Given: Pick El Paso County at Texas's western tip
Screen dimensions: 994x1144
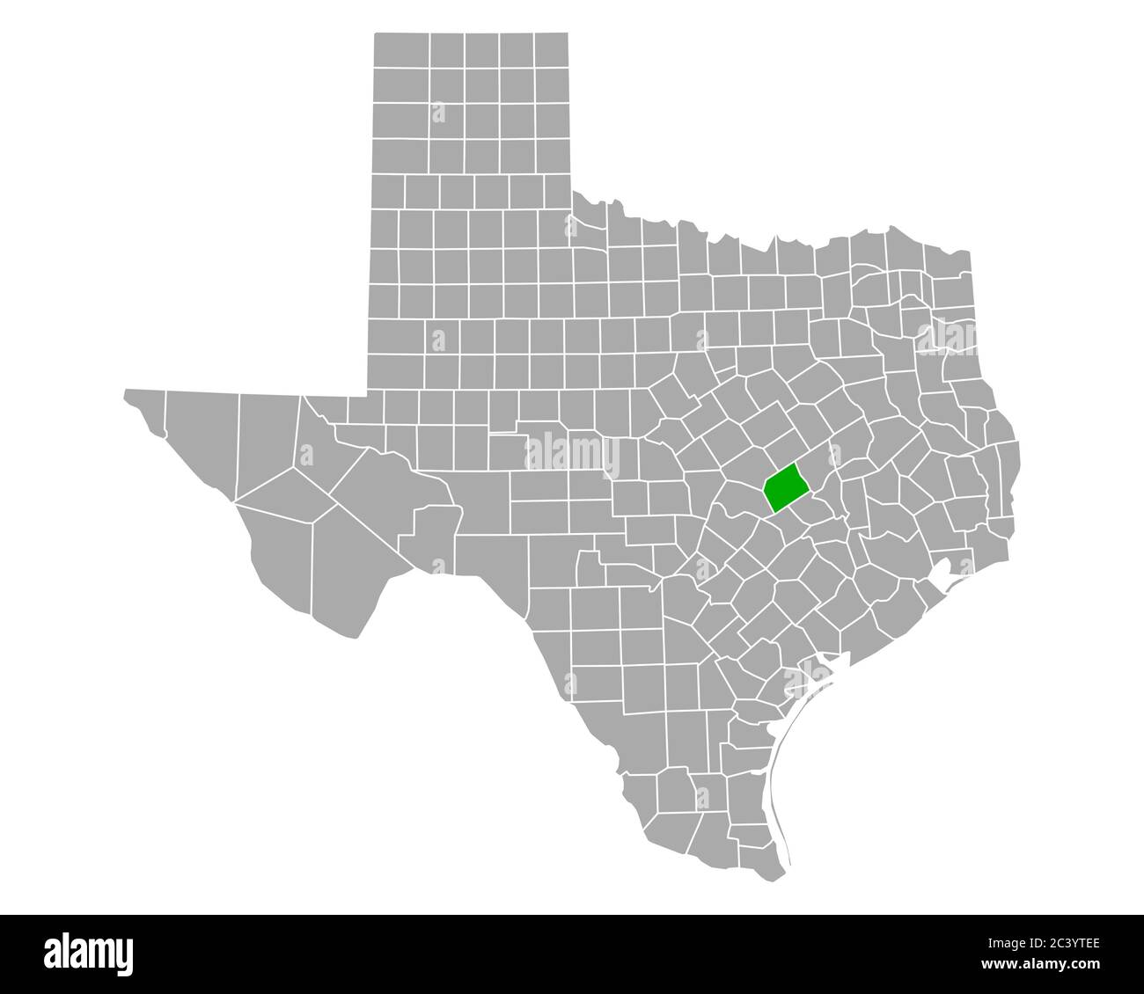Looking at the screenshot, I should click(144, 408).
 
